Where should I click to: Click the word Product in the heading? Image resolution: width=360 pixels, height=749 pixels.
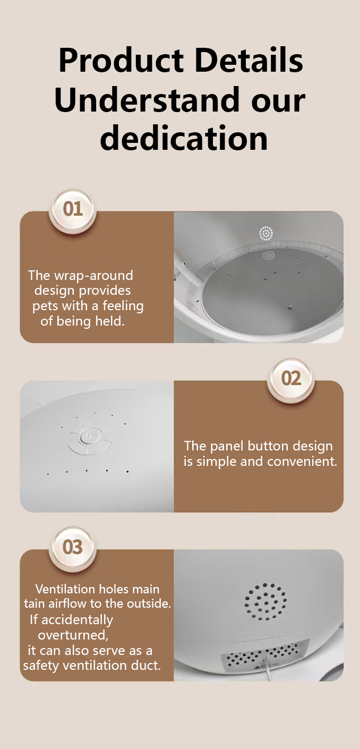[121, 61]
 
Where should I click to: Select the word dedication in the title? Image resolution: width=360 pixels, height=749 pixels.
[184, 138]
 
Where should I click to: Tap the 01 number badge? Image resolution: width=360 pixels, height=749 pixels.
[73, 209]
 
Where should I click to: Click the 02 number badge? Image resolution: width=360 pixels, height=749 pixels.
[291, 379]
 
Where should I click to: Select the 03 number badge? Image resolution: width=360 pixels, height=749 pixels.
[73, 547]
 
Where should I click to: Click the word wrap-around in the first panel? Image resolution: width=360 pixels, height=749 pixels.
[93, 276]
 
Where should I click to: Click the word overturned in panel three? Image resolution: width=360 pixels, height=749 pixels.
[73, 635]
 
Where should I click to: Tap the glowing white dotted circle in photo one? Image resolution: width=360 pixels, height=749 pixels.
[266, 233]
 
